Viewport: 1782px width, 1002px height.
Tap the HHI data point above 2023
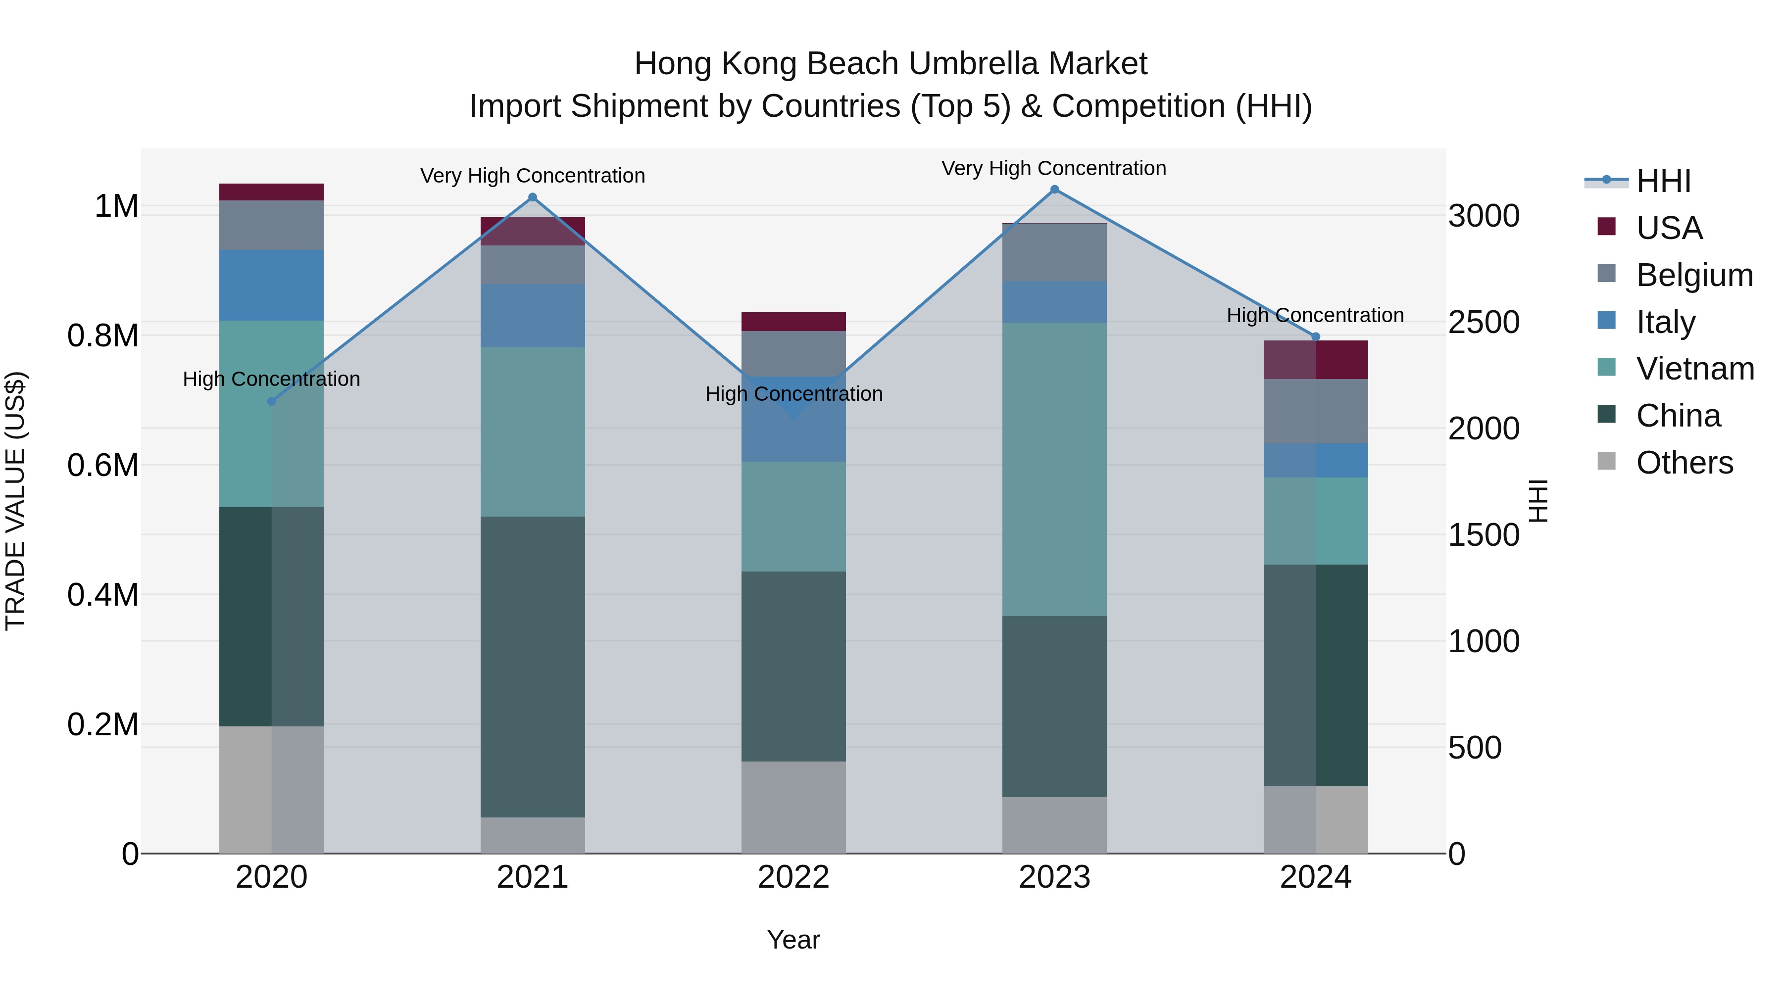pyautogui.click(x=1054, y=190)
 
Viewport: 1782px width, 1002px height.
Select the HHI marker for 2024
pyautogui.click(x=1316, y=337)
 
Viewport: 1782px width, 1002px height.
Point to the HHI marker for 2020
pyautogui.click(x=271, y=401)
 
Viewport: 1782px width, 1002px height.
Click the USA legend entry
pyautogui.click(x=1669, y=228)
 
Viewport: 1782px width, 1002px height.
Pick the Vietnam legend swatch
pyautogui.click(x=1606, y=368)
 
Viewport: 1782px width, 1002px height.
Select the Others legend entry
pyautogui.click(x=1684, y=463)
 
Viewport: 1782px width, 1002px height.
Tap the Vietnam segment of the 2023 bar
pyautogui.click(x=1054, y=470)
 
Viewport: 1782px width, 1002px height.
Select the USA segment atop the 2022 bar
pyautogui.click(x=793, y=322)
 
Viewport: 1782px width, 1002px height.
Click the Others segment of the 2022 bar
pyautogui.click(x=793, y=807)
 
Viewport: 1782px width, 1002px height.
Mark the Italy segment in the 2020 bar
pyautogui.click(x=271, y=285)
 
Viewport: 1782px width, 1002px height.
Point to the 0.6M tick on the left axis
pyautogui.click(x=103, y=466)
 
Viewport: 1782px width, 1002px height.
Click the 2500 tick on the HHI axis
pyautogui.click(x=1484, y=322)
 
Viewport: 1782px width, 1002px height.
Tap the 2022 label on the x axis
pyautogui.click(x=793, y=877)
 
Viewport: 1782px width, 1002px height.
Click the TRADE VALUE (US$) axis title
pyautogui.click(x=15, y=501)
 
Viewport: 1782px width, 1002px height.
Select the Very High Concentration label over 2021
pyautogui.click(x=533, y=176)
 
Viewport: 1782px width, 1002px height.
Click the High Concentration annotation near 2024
pyautogui.click(x=1315, y=315)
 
